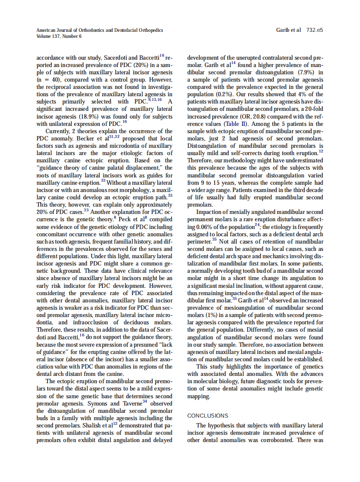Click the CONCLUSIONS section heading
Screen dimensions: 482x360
tap(207, 415)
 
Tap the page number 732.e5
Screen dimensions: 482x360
tap(315, 30)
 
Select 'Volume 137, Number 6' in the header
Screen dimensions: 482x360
tap(59, 36)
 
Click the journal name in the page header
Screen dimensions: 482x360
tap(100, 30)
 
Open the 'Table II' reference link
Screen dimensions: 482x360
tap(235, 123)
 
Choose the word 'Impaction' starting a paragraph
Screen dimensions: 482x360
tap(211, 212)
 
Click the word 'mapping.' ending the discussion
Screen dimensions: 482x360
tap(198, 396)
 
